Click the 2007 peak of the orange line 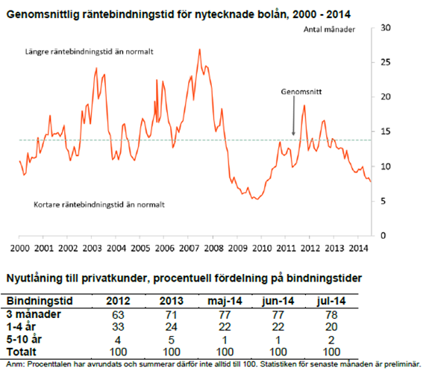199,49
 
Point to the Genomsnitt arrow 293,115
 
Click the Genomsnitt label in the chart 301,92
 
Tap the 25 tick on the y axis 386,63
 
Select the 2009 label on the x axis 238,249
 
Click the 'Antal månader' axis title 329,30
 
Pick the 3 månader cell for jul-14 331,315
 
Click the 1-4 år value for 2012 118,327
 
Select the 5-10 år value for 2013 172,340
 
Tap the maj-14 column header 225,301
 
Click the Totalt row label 22,352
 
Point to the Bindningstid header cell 40,301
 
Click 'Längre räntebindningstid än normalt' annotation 90,52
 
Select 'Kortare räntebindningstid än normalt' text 99,205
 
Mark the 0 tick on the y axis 383,235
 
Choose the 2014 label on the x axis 358,249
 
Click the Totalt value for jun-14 278,352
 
